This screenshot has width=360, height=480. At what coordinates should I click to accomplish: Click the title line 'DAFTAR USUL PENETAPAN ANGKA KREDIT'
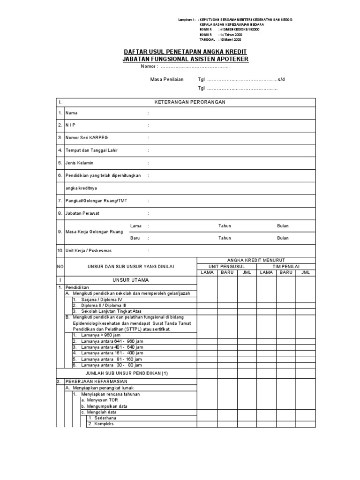(185, 51)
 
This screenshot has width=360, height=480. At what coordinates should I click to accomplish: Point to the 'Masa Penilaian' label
(166, 79)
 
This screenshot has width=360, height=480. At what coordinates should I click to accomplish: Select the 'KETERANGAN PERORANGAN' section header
(190, 102)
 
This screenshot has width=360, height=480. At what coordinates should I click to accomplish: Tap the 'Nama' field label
(72, 113)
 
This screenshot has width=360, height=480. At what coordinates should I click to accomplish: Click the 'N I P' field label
(71, 125)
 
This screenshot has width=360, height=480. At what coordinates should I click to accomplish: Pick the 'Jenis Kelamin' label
(79, 163)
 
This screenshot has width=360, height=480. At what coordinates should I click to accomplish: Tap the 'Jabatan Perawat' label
(82, 213)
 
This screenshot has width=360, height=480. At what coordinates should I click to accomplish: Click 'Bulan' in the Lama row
(283, 226)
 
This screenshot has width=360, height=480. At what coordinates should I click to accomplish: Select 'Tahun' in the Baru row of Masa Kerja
(225, 238)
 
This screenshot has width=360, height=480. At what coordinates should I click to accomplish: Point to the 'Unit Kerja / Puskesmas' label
(89, 251)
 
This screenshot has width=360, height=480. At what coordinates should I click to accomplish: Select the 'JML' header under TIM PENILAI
(306, 272)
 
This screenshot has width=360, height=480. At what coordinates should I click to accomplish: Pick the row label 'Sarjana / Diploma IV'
(101, 299)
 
